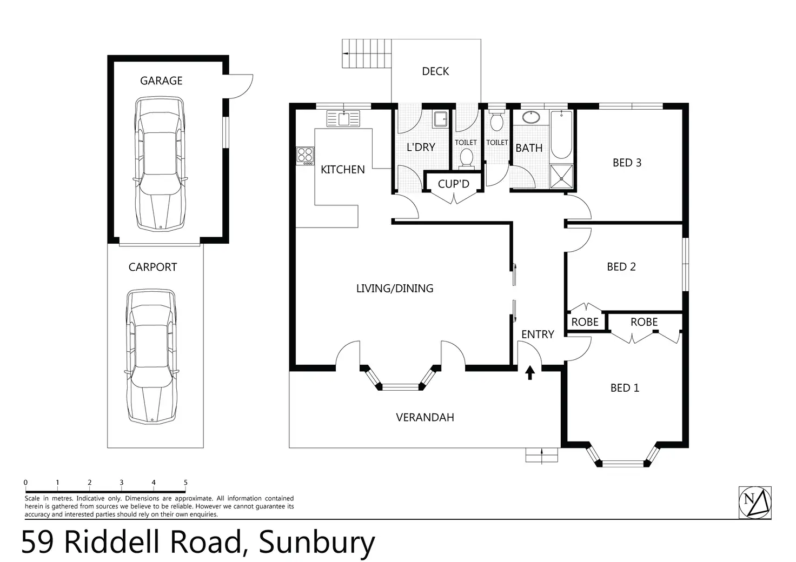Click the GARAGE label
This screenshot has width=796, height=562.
point(161,81)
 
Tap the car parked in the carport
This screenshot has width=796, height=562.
point(151,356)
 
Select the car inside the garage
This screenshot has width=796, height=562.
point(160,163)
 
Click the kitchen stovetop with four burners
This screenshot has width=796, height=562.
point(305,156)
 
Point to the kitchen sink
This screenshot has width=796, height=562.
point(343,118)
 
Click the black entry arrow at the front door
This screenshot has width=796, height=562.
point(530,372)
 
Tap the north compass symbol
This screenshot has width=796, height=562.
point(755,503)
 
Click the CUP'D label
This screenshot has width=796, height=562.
point(453,184)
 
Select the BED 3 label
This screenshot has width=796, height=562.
point(627,162)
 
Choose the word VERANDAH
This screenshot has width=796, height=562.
point(424,417)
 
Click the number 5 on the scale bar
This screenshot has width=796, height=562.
point(185,483)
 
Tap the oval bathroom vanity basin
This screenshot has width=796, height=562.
point(530,117)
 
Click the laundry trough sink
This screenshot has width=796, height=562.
point(440,119)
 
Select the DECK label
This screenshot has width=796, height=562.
point(435,71)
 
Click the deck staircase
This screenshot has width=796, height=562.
point(367,53)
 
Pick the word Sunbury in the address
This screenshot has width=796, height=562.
point(317,543)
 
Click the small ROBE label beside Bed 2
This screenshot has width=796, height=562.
point(585,322)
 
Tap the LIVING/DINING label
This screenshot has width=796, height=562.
point(395,289)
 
